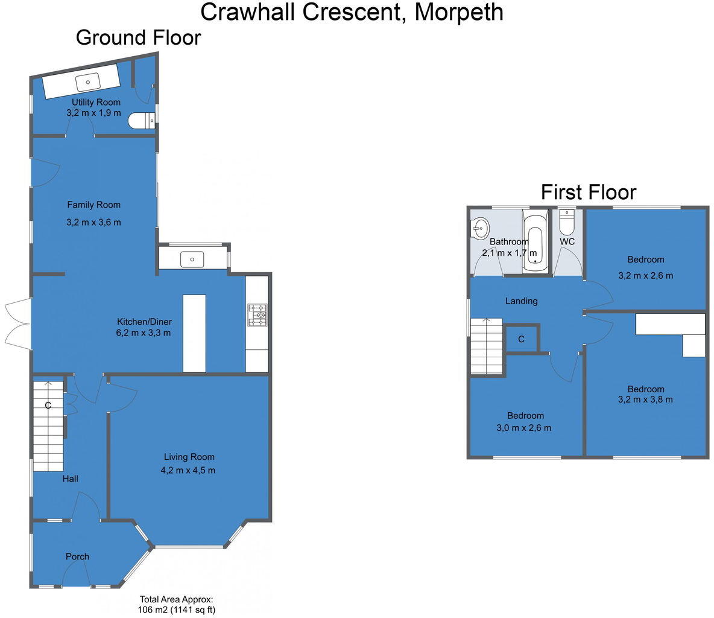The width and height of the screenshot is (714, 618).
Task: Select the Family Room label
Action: (x=93, y=205)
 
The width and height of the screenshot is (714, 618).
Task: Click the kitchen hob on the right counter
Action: (x=257, y=314)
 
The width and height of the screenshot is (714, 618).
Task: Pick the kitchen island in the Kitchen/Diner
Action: (x=194, y=333)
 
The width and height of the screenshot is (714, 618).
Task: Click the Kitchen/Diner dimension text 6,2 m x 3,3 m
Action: (x=144, y=333)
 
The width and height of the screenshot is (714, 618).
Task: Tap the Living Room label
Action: (x=189, y=457)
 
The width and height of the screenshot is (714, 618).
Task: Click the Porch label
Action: (x=77, y=556)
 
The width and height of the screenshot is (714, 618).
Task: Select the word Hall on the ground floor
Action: (x=70, y=479)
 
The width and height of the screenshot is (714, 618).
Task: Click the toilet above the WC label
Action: (x=567, y=223)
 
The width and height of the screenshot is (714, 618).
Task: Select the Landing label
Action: (x=521, y=301)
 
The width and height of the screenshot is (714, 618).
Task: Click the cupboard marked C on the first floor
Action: (x=521, y=339)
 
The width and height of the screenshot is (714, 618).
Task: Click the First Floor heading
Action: (x=588, y=193)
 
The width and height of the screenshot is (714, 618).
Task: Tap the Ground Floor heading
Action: (x=138, y=37)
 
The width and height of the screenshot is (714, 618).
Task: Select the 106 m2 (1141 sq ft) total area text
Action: (x=177, y=610)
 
